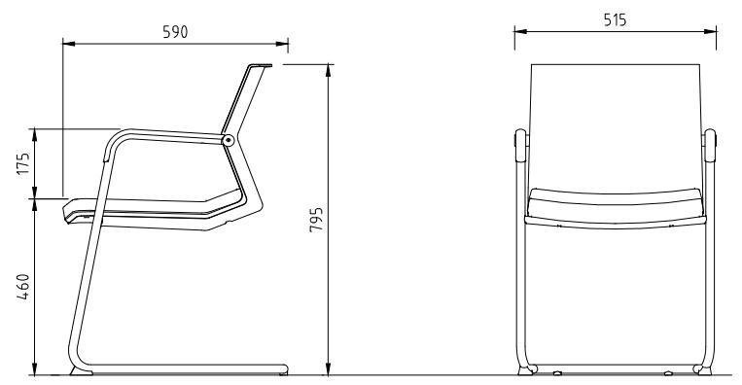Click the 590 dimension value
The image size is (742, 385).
175,32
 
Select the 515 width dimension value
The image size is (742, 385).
615,19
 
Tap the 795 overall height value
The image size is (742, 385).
316,219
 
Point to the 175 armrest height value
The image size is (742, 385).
23,163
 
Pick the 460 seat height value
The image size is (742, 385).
23,286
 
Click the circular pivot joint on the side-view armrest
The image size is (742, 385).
229,140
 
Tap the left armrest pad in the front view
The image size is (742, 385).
520,145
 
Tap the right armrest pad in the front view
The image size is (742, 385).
710,145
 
